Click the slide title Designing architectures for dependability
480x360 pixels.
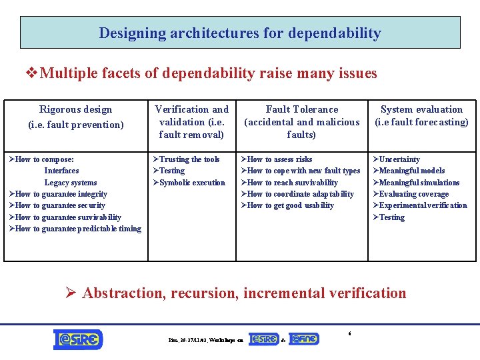[x=240, y=33]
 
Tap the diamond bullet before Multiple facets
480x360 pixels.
[x=31, y=73]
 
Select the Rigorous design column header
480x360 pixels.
[x=76, y=117]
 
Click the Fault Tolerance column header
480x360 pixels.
[x=301, y=121]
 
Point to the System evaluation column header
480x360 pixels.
[x=421, y=115]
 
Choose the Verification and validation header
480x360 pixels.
[x=191, y=121]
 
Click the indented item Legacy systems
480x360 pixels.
[x=71, y=183]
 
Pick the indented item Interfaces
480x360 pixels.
[x=61, y=171]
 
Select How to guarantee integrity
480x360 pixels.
[x=60, y=194]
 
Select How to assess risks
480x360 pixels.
[x=279, y=159]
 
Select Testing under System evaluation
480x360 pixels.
[x=391, y=217]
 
